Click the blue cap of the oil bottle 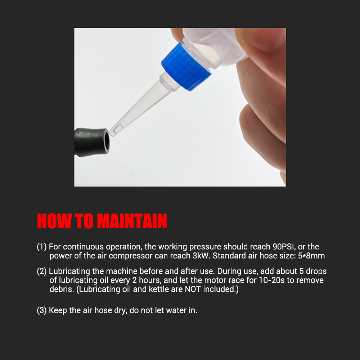(x=186, y=67)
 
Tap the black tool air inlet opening (x=106, y=142)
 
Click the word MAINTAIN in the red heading (x=132, y=221)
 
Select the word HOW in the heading (x=54, y=221)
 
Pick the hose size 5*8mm (x=311, y=256)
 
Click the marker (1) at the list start (x=42, y=247)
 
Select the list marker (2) (x=42, y=271)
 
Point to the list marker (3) (x=42, y=310)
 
